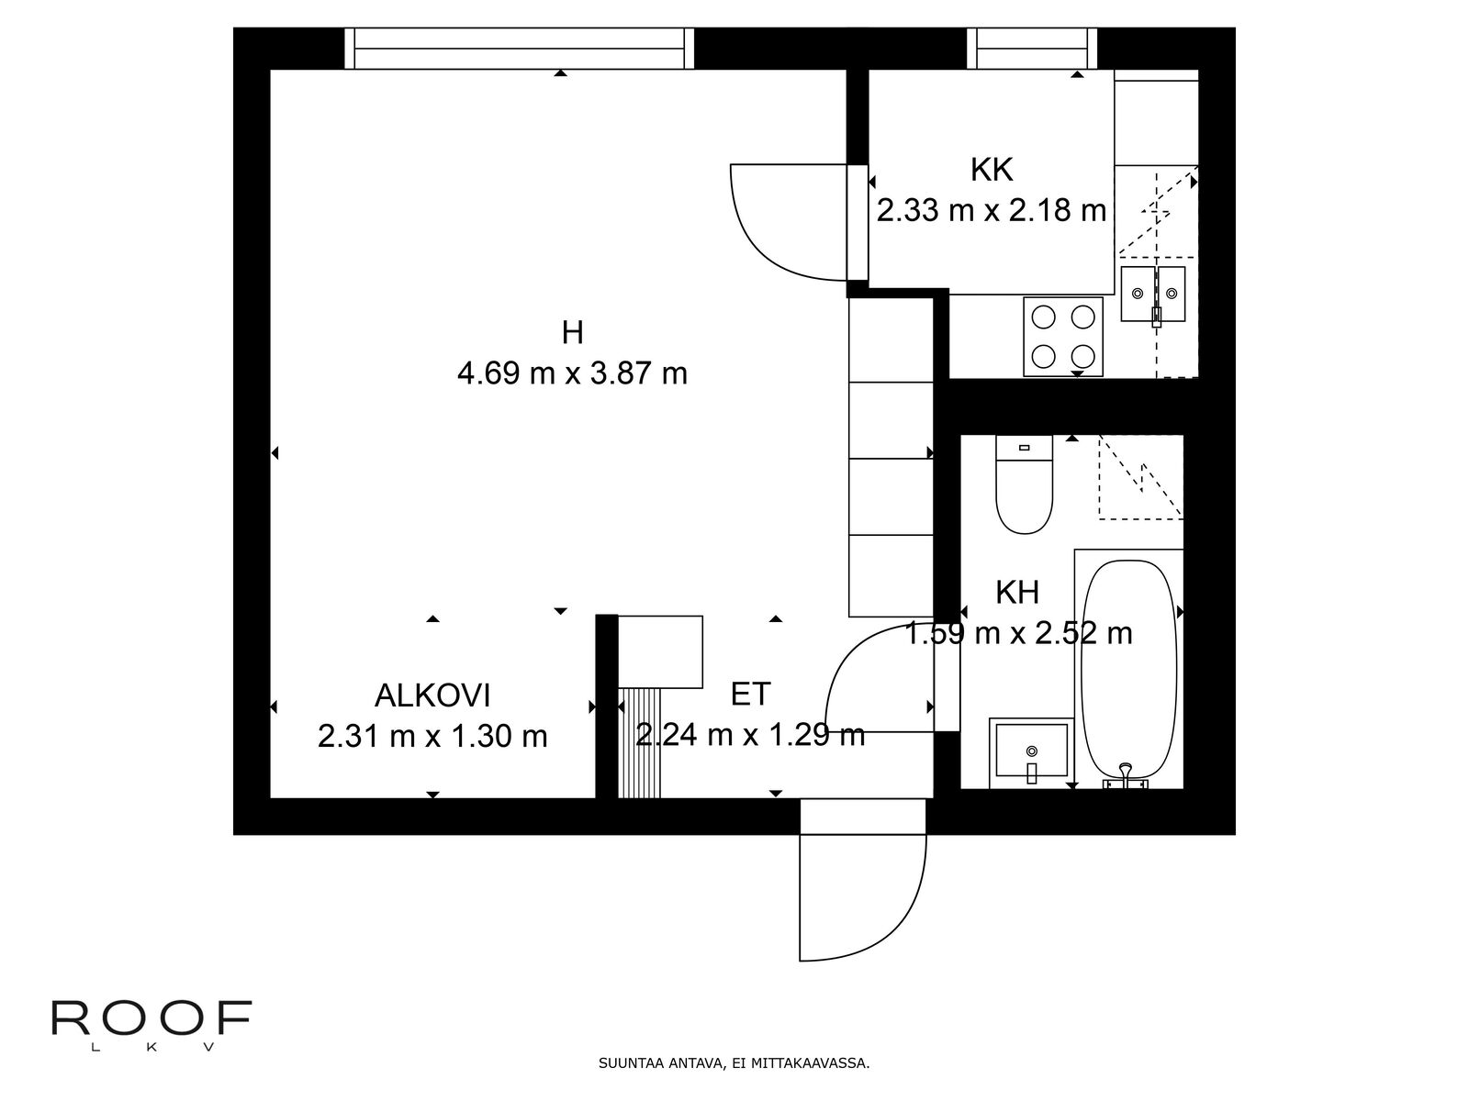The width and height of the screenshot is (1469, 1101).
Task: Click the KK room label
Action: click(991, 170)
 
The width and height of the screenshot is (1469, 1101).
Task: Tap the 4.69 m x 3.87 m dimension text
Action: click(572, 373)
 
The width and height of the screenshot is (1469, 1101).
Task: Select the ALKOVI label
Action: click(432, 695)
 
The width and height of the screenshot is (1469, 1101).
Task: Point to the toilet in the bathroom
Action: click(1024, 486)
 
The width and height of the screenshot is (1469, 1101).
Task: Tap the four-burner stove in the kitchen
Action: click(1063, 336)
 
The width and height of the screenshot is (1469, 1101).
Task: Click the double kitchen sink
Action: click(1153, 295)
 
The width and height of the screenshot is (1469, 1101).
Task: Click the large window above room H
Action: click(521, 48)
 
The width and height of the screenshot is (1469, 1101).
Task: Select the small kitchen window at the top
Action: click(1032, 48)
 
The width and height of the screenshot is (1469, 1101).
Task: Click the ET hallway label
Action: click(750, 695)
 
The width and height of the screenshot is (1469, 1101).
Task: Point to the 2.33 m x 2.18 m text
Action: click(991, 211)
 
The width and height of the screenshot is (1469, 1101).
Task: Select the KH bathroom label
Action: click(1016, 593)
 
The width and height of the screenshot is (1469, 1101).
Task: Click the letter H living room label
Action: click(572, 332)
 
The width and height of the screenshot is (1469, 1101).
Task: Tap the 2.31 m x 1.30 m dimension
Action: click(432, 736)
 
